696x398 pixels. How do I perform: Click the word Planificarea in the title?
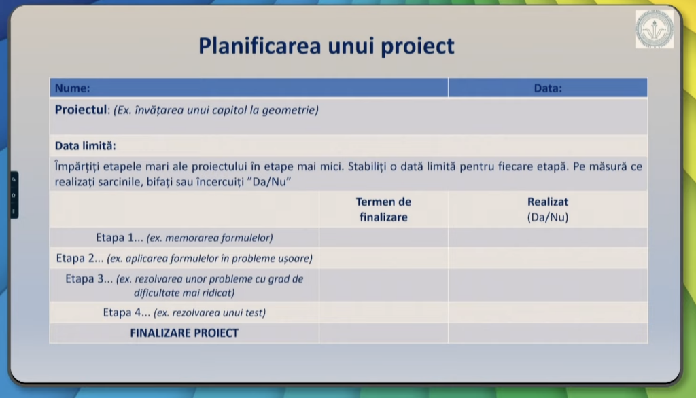[260, 46]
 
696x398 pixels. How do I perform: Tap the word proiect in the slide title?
[418, 47]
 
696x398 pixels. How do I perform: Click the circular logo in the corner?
[655, 29]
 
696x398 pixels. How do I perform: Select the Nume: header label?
[72, 88]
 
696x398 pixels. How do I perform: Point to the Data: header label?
[548, 88]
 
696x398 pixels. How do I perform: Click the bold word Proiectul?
[81, 109]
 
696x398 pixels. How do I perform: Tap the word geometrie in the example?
[290, 110]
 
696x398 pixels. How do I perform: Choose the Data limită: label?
[85, 145]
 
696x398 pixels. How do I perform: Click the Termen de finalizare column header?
[383, 209]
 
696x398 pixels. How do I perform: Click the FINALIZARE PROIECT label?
[184, 333]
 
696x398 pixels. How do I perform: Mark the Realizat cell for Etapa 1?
[548, 238]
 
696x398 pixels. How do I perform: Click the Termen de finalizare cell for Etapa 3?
[383, 285]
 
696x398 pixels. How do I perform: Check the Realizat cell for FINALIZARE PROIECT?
[548, 333]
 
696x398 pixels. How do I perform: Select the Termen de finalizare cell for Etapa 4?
[383, 313]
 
